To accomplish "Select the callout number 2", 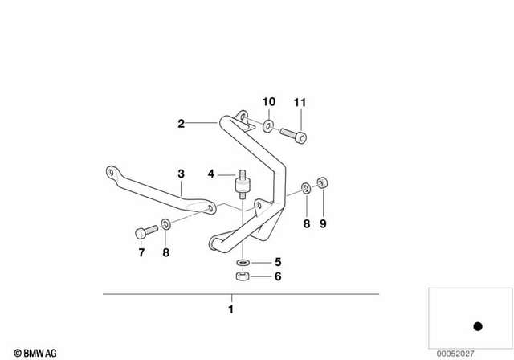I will [x=182, y=124].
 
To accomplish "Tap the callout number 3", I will [x=182, y=174].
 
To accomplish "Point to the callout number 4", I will [x=210, y=174].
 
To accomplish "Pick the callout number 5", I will [x=278, y=261].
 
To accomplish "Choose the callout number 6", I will [x=278, y=277].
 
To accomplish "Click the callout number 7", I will [x=141, y=253].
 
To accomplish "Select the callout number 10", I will [x=270, y=102].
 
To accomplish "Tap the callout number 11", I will [x=300, y=102].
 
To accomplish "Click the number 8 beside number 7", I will [x=165, y=253].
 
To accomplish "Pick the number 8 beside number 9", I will [x=306, y=225].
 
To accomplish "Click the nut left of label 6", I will [x=242, y=278].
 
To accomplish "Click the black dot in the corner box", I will [x=476, y=326].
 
